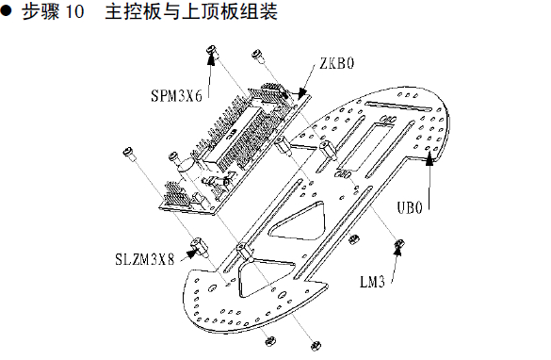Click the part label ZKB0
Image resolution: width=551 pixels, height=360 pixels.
(336, 63)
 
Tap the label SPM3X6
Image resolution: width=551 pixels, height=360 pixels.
(176, 95)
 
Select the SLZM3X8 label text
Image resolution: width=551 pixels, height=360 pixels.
(144, 259)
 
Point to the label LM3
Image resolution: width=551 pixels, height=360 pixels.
(372, 282)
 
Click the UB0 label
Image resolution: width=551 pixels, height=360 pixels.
(410, 207)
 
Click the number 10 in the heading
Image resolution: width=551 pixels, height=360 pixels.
(74, 11)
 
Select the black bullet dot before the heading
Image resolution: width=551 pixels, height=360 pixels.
(6, 10)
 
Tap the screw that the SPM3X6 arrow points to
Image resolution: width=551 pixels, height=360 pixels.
(212, 51)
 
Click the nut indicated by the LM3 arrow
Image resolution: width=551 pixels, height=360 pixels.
(399, 243)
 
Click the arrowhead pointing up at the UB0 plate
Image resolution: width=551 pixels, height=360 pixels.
(429, 159)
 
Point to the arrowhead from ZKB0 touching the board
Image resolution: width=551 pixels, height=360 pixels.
(301, 94)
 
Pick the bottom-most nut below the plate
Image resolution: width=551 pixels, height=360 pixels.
(316, 345)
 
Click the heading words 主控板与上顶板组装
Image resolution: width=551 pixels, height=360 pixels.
(191, 11)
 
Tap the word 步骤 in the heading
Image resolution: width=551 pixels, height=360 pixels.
(41, 11)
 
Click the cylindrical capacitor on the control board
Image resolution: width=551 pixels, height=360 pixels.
(187, 166)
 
